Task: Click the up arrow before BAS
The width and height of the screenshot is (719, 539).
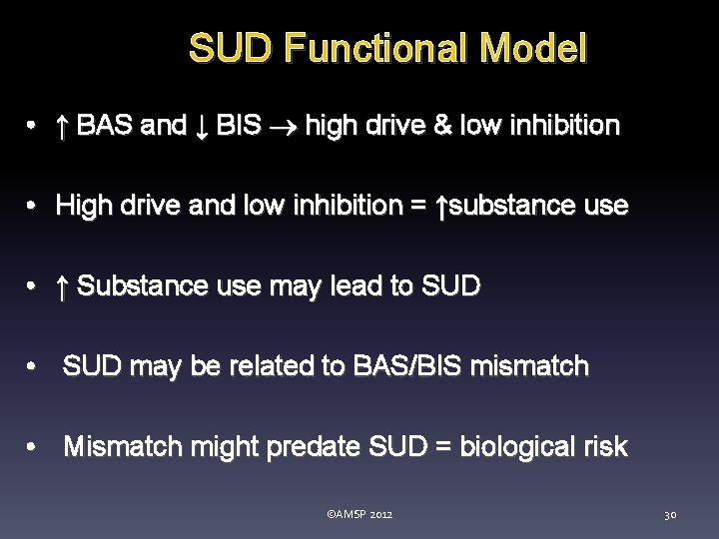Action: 62,126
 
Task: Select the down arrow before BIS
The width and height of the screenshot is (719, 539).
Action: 202,126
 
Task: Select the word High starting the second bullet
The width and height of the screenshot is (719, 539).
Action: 84,206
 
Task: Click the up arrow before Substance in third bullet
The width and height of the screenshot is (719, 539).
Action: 62,287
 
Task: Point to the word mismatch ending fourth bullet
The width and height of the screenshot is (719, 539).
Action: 540,366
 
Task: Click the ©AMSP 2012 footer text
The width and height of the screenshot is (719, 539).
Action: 359,514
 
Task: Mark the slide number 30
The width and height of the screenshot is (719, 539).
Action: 670,514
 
